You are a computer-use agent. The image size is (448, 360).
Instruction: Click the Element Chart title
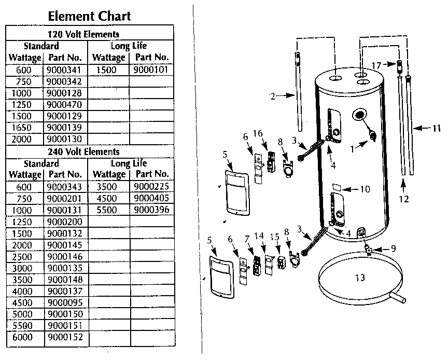(x=89, y=16)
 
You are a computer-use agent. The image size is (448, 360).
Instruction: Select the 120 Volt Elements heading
(x=89, y=35)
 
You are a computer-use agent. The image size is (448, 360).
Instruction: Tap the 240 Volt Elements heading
(x=89, y=151)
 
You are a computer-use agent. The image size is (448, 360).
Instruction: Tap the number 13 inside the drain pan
(x=360, y=278)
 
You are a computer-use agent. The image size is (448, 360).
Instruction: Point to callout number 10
(x=365, y=189)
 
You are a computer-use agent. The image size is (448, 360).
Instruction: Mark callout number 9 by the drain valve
(x=393, y=248)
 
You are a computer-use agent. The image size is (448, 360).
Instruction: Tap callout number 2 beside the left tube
(x=272, y=95)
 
